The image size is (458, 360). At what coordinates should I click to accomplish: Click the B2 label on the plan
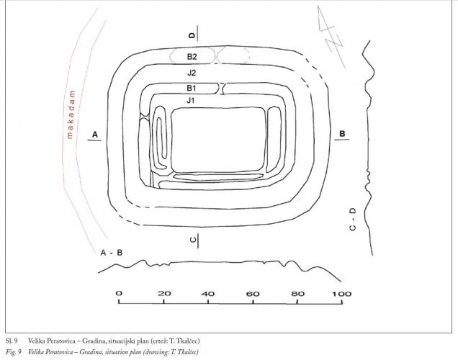192,55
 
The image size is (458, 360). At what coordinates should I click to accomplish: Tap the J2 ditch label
191,73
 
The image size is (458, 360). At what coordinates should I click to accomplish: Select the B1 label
192,88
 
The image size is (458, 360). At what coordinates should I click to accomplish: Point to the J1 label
191,100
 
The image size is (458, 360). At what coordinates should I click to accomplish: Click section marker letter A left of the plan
94,135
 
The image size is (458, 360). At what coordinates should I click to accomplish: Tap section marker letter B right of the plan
342,134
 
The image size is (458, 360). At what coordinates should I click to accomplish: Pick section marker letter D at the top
192,35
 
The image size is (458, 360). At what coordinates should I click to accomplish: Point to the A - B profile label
112,253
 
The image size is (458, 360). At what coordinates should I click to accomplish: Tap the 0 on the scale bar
119,294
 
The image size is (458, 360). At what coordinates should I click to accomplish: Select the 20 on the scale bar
163,294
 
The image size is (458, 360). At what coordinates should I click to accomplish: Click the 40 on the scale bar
208,294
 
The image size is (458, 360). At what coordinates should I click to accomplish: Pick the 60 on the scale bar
253,294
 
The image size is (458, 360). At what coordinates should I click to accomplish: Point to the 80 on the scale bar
297,294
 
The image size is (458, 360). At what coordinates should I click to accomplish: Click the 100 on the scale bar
341,294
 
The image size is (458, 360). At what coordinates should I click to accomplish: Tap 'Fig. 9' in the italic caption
13,351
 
